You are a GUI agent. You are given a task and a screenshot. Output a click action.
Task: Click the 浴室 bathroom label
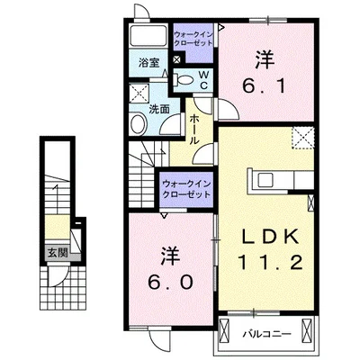tap(149, 62)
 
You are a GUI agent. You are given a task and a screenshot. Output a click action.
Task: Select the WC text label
tap(203, 78)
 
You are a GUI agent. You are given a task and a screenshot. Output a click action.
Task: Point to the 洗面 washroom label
tap(160, 111)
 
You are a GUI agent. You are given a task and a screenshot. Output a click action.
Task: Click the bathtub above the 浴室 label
tap(149, 38)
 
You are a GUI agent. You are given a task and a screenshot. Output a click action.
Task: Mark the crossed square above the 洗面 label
tap(139, 94)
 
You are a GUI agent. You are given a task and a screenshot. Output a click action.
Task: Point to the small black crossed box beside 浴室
tap(175, 60)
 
